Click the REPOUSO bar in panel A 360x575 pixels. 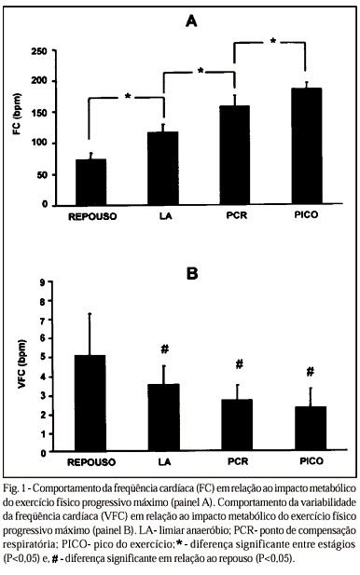(90, 182)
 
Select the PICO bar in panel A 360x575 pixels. (307, 146)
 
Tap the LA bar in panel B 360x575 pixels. (163, 418)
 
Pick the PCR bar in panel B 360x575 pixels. (237, 425)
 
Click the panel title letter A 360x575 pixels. (191, 21)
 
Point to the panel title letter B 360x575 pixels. (192, 274)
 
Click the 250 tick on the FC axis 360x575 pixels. (39, 51)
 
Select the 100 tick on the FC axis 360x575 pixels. (39, 143)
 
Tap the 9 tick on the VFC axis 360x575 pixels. (43, 282)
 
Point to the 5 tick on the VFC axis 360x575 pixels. (43, 358)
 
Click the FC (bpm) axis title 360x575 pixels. (17, 114)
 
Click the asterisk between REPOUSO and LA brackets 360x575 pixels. (128, 96)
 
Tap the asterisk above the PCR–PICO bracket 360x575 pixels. (272, 41)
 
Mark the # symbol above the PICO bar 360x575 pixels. (310, 372)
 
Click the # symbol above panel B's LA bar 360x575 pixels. (165, 349)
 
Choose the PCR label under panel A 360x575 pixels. (237, 215)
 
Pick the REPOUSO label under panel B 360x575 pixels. (91, 462)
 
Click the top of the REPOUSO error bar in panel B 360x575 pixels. (90, 313)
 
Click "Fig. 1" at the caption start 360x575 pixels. (14, 489)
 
